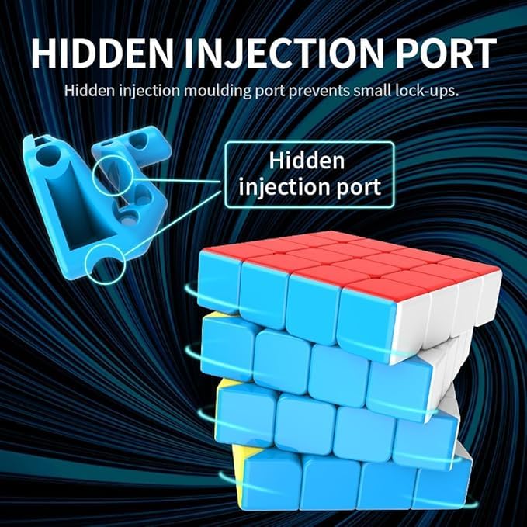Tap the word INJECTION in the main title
point(284,53)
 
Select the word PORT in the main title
point(445,53)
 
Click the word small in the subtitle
point(372,91)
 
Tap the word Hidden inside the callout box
point(307,161)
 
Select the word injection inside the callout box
point(283,187)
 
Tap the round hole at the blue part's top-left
point(50,155)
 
